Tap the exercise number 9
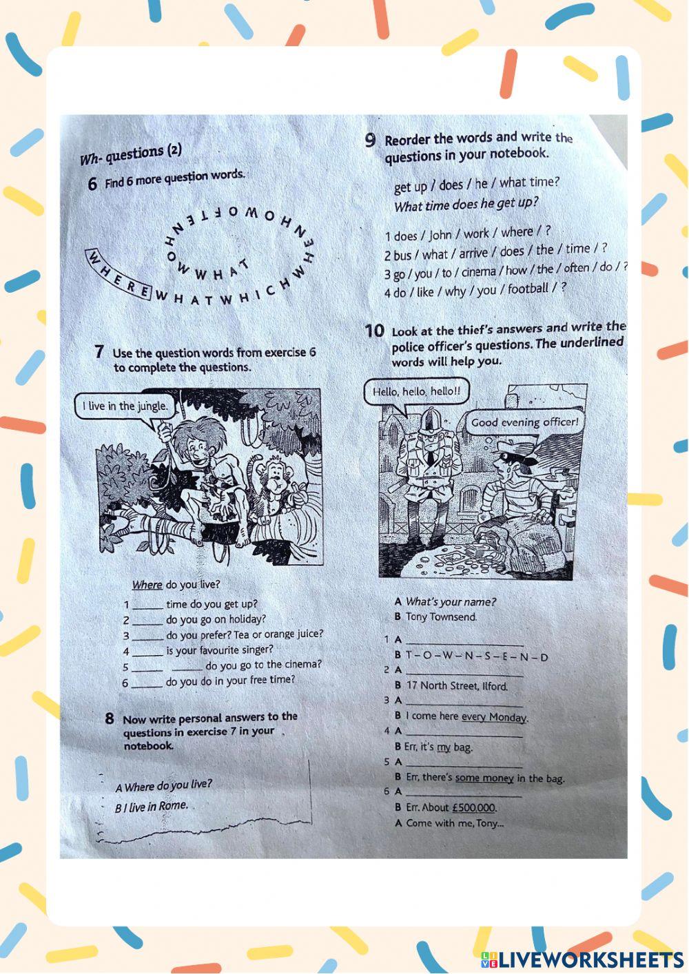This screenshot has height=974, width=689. (x=371, y=141)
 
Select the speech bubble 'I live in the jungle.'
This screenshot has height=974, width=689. (x=124, y=406)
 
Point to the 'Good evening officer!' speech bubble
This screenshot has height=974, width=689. (x=524, y=422)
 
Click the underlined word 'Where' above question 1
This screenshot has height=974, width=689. (x=147, y=585)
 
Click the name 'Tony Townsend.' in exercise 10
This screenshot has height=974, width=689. (x=441, y=617)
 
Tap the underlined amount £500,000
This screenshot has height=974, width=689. (x=474, y=807)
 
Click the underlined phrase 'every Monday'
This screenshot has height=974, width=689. (x=493, y=716)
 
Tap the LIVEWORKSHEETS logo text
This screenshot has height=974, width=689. (x=590, y=960)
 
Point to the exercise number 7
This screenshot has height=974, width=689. (x=99, y=353)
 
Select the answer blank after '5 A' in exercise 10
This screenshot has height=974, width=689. (x=464, y=763)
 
